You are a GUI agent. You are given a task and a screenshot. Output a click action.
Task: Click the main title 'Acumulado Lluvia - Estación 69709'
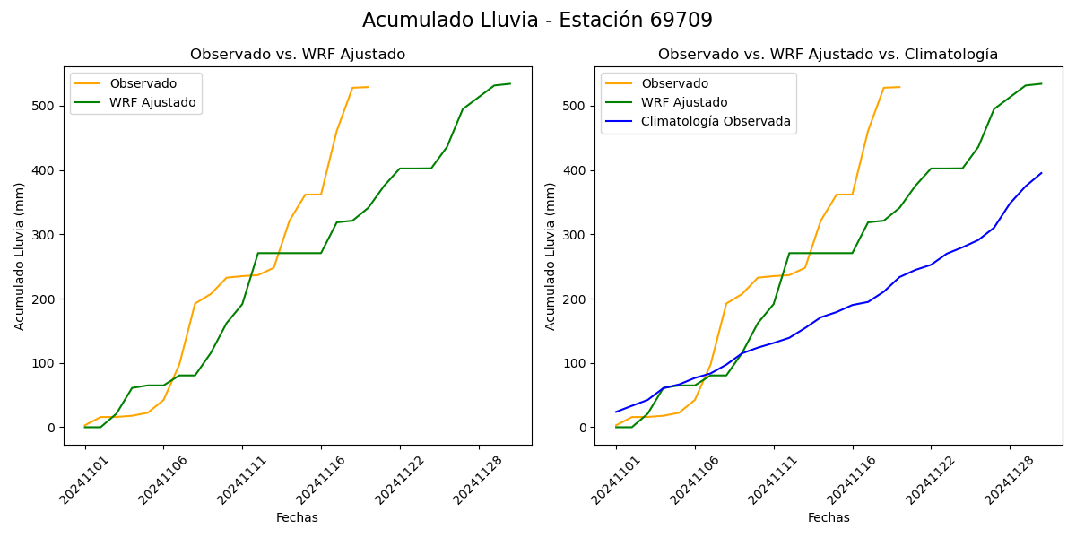537,21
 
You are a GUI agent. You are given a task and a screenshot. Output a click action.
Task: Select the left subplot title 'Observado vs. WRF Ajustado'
298,55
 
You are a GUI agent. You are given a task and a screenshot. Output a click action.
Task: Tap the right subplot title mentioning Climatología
828,55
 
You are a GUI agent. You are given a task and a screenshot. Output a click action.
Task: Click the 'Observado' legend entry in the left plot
143,83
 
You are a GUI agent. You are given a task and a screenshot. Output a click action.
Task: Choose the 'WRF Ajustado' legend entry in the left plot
152,102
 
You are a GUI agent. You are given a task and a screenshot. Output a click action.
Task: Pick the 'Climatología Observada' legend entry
716,122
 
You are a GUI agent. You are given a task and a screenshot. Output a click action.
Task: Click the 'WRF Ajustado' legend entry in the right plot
684,102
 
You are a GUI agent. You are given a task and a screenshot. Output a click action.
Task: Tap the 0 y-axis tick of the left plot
52,428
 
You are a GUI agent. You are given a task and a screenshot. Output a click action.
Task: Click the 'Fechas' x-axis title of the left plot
297,518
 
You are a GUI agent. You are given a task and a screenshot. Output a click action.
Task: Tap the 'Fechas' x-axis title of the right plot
829,518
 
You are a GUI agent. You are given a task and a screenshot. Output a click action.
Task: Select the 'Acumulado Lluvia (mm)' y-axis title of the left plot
20,256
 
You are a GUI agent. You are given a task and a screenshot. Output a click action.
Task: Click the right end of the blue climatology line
1041,173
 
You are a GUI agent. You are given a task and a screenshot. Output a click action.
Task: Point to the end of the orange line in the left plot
369,87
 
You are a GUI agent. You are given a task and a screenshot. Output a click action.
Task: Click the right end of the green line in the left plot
510,84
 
